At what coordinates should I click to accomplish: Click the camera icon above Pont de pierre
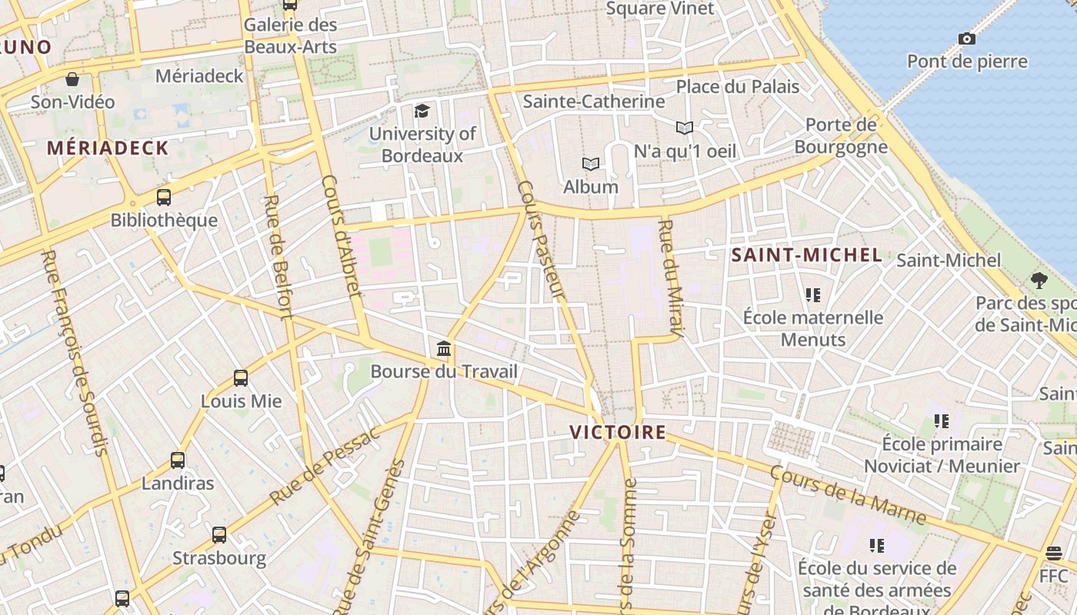click(966, 38)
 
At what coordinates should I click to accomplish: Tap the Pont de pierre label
click(967, 61)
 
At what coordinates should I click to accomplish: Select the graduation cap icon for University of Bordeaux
click(422, 111)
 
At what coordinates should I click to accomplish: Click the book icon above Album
click(590, 164)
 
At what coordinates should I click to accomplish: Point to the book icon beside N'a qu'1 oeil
click(684, 128)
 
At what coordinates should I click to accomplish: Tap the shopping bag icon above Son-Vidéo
click(72, 79)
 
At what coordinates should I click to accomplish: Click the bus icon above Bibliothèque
click(163, 198)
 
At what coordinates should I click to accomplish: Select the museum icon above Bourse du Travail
click(444, 349)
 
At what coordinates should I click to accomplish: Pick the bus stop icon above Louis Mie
click(241, 378)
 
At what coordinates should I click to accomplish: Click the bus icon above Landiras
click(178, 460)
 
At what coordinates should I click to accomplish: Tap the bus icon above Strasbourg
click(219, 535)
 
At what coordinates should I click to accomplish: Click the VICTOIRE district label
click(619, 432)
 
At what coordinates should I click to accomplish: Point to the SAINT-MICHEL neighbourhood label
click(806, 255)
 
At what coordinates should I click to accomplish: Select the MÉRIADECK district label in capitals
click(108, 148)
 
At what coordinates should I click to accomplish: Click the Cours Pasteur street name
click(542, 240)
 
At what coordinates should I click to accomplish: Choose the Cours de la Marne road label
click(848, 495)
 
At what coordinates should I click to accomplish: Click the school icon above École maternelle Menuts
click(813, 294)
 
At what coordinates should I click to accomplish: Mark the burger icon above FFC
click(1053, 553)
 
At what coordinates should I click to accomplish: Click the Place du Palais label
click(738, 87)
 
